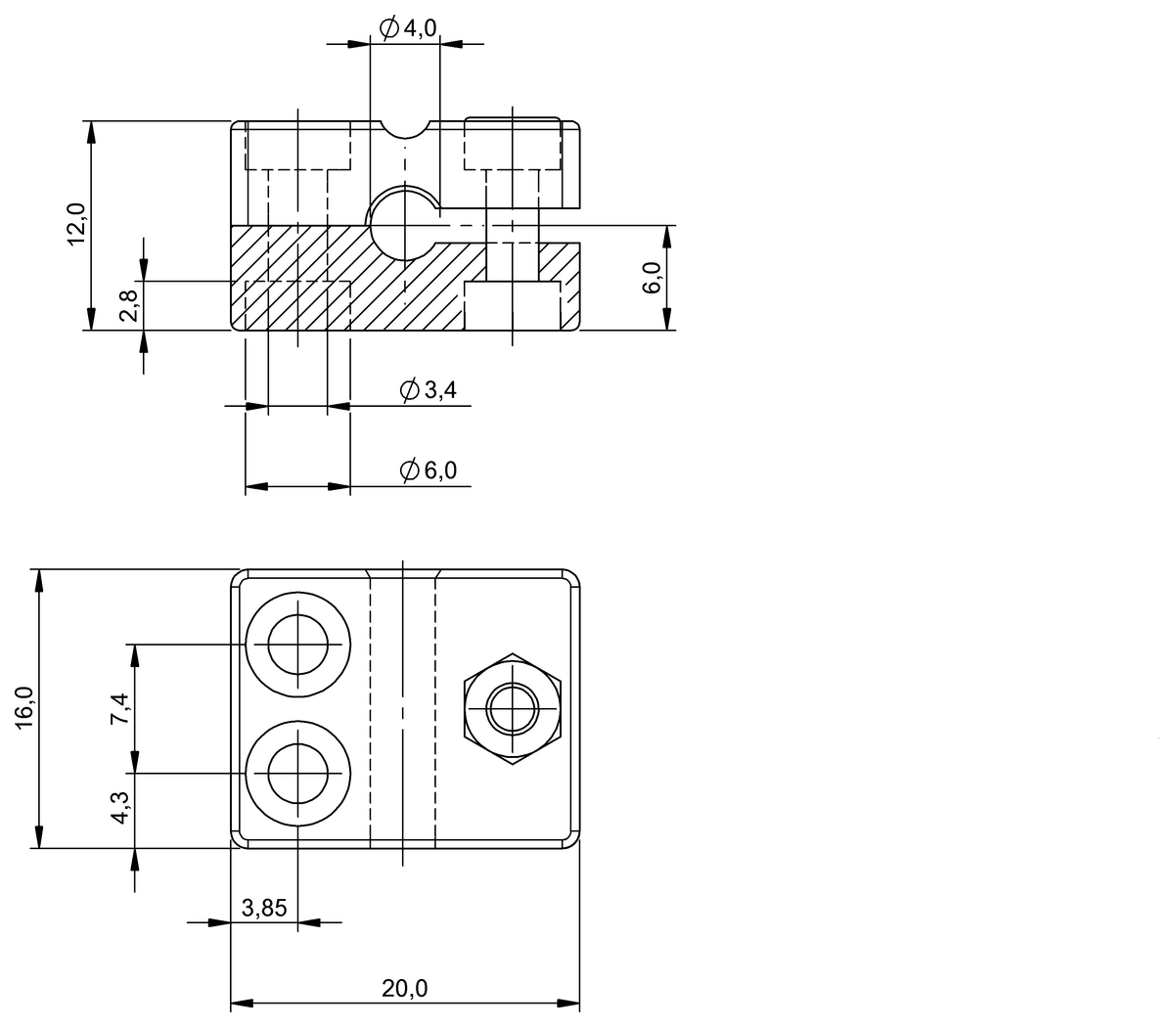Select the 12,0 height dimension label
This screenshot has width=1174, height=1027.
(76, 225)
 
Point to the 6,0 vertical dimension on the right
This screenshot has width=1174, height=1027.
(653, 279)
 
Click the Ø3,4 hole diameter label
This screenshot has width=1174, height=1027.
(429, 391)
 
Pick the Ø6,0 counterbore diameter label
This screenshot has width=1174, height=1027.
(429, 470)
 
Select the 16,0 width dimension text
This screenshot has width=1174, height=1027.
(24, 706)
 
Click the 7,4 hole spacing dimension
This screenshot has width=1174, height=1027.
(119, 707)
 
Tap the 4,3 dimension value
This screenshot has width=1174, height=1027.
(119, 808)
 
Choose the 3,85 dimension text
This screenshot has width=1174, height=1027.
(264, 908)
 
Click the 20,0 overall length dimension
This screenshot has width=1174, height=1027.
(404, 989)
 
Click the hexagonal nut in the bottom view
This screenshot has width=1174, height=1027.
(512, 709)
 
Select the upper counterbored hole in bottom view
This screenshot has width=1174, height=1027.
(298, 645)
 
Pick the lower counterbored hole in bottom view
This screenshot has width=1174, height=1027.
(298, 773)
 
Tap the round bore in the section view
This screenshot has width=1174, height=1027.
(404, 222)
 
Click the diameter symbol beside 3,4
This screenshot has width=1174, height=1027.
(410, 390)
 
